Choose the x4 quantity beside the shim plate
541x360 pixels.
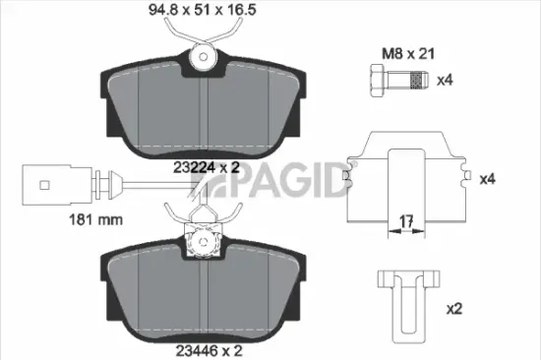pyautogui.click(x=487, y=180)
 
